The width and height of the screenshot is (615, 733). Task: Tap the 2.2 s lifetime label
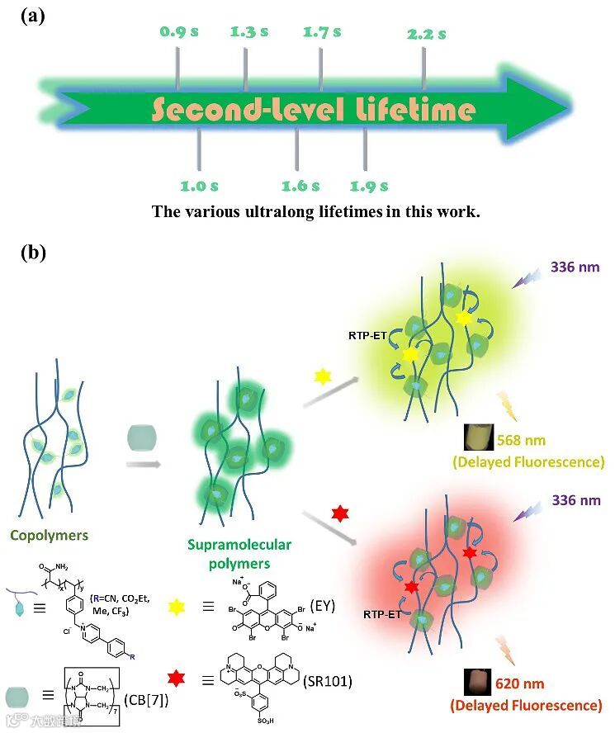426,35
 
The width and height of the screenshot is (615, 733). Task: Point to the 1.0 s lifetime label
199,186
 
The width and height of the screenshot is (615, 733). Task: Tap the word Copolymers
49,535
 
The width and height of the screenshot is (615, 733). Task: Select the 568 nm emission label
521,441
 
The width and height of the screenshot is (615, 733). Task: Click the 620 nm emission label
520,684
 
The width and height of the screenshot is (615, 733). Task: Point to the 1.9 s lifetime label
369,186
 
